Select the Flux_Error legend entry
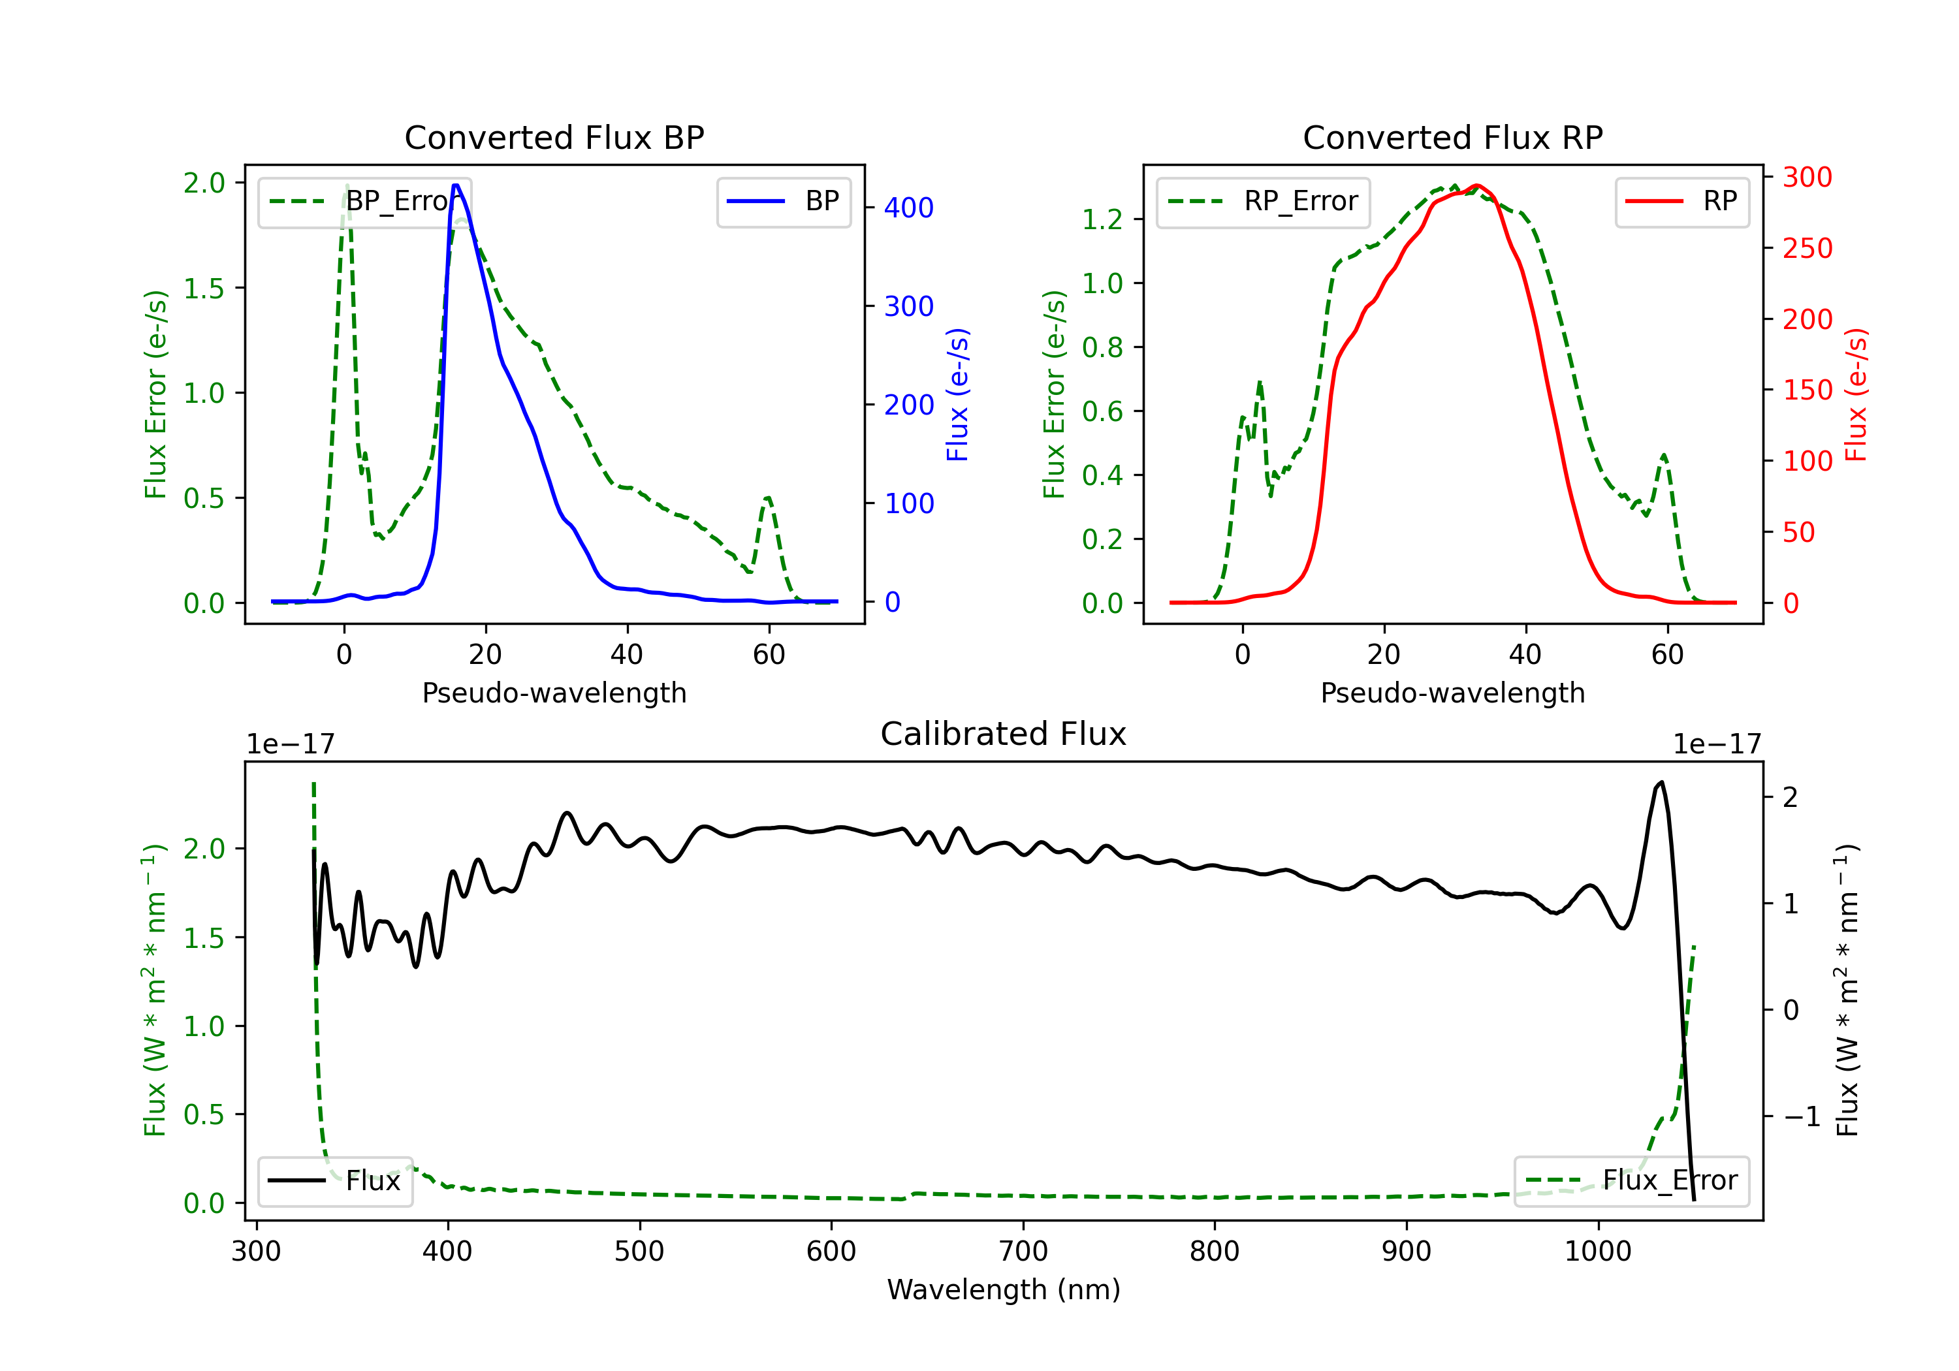[1631, 1181]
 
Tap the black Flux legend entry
[334, 1181]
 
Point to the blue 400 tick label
[909, 208]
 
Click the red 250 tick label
[1807, 248]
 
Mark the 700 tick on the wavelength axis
[1023, 1252]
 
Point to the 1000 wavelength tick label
[1597, 1252]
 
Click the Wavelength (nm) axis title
[1004, 1290]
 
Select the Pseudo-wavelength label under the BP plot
[554, 693]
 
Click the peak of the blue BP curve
[456, 185]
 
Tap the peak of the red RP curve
[1477, 185]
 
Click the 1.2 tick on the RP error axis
[1102, 220]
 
